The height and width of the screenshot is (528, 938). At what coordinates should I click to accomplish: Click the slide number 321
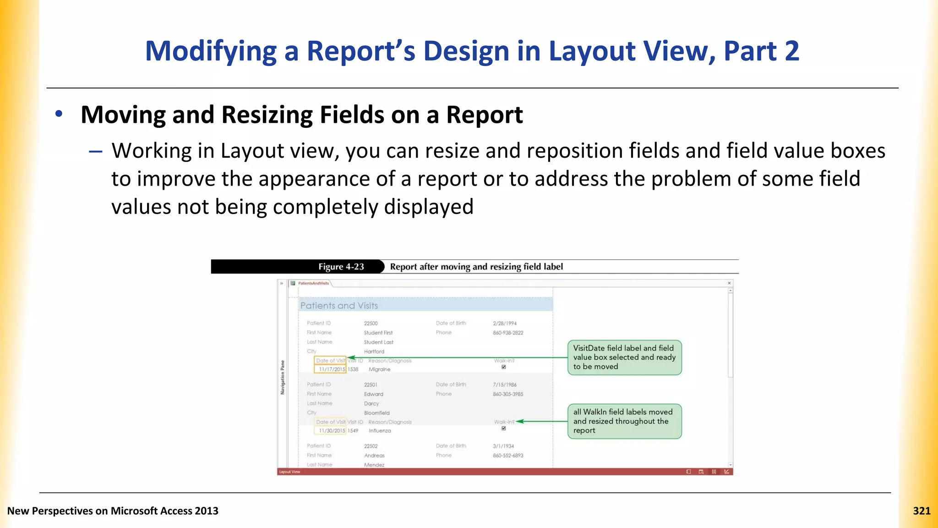pos(922,511)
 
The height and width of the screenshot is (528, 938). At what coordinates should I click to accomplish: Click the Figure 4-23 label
pos(341,267)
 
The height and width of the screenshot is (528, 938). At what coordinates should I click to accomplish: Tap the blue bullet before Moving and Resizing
pos(59,114)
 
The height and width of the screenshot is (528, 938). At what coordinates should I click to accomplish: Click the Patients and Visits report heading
pos(339,306)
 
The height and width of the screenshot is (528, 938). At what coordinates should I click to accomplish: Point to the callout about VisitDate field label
pos(624,357)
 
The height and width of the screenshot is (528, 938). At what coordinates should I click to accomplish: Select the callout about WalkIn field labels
pos(624,421)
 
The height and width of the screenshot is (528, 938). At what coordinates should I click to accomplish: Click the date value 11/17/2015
pos(332,369)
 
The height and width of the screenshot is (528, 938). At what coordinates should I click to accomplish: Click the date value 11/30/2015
pos(332,431)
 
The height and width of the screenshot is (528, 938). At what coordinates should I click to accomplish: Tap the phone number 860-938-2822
pos(508,333)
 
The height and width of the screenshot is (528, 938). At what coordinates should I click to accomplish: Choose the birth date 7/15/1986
pos(504,385)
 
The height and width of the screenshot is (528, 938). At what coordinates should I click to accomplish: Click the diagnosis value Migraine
pos(380,369)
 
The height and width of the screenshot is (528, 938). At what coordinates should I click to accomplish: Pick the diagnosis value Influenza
pos(380,431)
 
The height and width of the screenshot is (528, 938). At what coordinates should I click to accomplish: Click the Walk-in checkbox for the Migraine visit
pos(503,367)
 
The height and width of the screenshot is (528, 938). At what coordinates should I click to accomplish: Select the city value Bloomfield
pos(376,413)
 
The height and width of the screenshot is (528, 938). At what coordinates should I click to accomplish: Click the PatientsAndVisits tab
pos(313,283)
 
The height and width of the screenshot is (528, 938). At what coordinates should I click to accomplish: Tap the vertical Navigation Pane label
pos(283,377)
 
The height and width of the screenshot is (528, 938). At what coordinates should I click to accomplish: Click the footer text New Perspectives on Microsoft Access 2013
pos(113,511)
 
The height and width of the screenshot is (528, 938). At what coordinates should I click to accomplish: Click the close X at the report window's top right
pos(729,283)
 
